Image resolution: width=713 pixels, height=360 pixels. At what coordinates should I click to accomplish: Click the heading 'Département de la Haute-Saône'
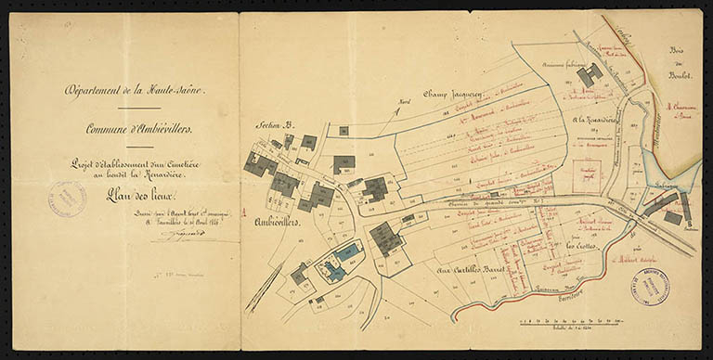135,90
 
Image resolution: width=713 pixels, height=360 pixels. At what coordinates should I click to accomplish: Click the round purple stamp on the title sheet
67,199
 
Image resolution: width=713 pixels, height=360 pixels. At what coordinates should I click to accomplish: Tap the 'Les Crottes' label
582,246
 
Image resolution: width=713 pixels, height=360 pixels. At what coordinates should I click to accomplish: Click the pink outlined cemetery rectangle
586,174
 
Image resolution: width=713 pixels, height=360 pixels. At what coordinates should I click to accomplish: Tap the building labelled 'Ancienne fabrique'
589,74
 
